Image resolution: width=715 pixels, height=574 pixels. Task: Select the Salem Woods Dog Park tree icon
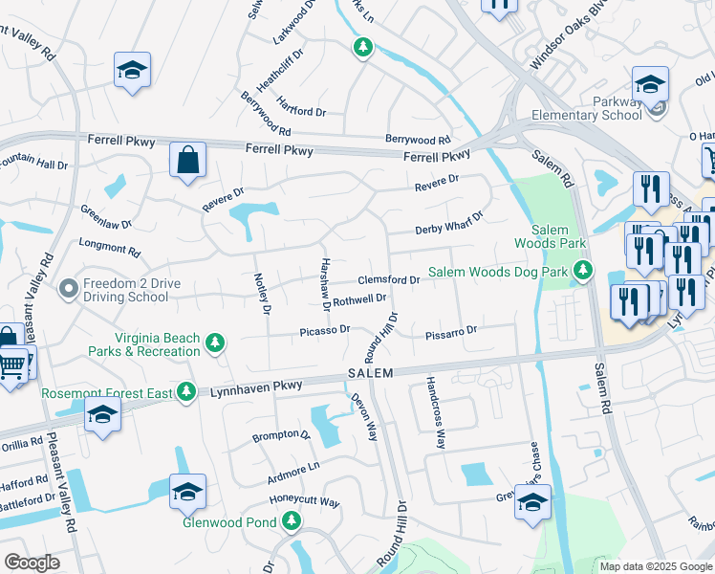point(583,273)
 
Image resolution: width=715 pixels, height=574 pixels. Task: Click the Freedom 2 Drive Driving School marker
point(68,288)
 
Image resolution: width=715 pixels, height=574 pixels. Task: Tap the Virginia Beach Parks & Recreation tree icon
point(216,342)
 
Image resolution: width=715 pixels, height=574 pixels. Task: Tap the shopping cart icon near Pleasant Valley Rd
point(11,364)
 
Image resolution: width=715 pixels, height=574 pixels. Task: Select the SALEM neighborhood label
point(370,373)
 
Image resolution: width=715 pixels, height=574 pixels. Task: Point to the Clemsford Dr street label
point(389,280)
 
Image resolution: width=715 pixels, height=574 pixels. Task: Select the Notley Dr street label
point(264,293)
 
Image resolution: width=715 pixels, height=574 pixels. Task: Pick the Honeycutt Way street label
point(304,501)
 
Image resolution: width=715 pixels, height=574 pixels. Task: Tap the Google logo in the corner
point(32,563)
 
